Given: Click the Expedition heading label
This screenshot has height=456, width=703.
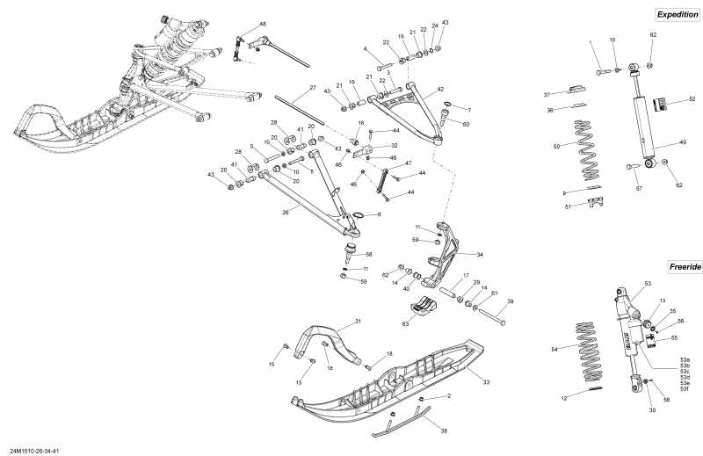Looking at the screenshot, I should click(x=677, y=14).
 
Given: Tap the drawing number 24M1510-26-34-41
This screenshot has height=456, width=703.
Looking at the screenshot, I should click(x=34, y=451).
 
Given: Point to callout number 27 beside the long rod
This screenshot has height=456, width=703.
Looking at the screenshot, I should click(x=312, y=88).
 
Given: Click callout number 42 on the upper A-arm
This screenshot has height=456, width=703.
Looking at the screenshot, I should click(x=440, y=89).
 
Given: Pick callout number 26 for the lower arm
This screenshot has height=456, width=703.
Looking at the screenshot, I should click(x=285, y=212).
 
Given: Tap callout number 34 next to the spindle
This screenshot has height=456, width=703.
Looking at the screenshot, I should click(x=480, y=254).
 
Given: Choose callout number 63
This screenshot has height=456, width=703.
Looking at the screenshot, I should click(x=405, y=325).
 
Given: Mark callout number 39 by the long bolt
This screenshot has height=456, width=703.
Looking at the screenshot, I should click(x=511, y=300).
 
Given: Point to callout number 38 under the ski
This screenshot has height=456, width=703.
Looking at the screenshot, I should click(x=443, y=431).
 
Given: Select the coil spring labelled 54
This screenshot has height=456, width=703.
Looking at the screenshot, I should click(x=595, y=351).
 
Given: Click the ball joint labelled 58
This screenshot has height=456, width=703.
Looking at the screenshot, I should click(x=349, y=256).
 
